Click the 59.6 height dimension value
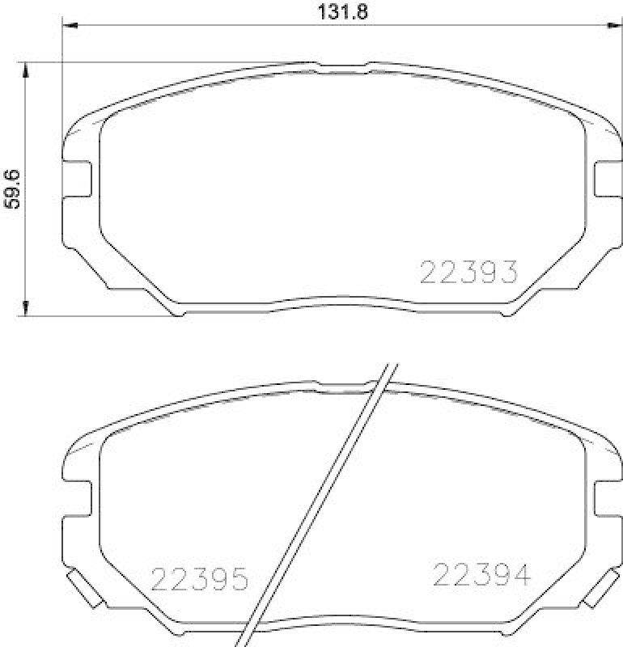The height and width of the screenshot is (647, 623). (x=12, y=189)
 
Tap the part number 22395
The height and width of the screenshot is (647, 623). (x=199, y=579)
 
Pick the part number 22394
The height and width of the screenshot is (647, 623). (x=482, y=575)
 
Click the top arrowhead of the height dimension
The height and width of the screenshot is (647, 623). (x=27, y=70)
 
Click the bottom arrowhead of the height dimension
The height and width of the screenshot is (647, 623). (x=27, y=307)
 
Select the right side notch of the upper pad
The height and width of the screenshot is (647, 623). (x=607, y=178)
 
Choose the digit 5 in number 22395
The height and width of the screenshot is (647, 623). (x=235, y=579)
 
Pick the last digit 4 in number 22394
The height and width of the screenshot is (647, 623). (x=519, y=575)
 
